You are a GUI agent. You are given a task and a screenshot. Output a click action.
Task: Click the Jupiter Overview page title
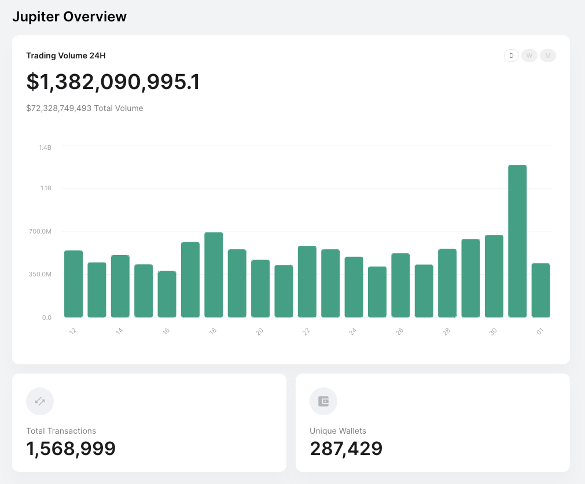click(x=69, y=17)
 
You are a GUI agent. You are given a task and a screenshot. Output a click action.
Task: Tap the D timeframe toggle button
click(x=511, y=56)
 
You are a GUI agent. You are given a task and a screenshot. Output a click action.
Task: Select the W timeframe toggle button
click(x=529, y=56)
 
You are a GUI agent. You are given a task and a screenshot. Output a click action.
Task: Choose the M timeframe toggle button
click(x=547, y=56)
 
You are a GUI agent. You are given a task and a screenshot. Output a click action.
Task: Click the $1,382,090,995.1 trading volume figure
click(x=113, y=82)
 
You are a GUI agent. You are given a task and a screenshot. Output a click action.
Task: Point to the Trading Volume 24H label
click(x=65, y=56)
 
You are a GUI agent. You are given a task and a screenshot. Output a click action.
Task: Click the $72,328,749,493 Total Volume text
click(x=84, y=108)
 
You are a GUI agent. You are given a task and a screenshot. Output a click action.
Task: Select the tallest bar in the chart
click(x=517, y=241)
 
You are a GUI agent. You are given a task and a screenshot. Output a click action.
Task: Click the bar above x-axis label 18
click(x=214, y=275)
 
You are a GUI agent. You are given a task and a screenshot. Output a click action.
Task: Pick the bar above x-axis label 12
click(x=73, y=284)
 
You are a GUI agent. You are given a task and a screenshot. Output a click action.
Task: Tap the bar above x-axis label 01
click(x=540, y=290)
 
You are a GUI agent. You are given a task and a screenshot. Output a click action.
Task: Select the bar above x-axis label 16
click(x=167, y=294)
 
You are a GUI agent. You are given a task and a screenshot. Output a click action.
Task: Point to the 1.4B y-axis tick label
click(x=45, y=148)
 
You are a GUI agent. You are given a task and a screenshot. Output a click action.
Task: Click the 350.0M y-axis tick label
click(x=41, y=274)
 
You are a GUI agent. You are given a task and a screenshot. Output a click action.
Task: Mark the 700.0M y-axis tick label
click(x=41, y=231)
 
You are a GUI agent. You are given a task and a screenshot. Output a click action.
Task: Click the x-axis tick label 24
click(x=352, y=331)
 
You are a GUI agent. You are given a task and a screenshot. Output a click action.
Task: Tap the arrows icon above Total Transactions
click(x=40, y=401)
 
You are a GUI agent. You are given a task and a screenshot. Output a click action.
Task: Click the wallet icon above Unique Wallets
click(x=323, y=401)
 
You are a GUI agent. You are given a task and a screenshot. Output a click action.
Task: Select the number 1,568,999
click(x=71, y=449)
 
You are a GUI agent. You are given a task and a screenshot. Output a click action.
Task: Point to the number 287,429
click(x=346, y=449)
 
